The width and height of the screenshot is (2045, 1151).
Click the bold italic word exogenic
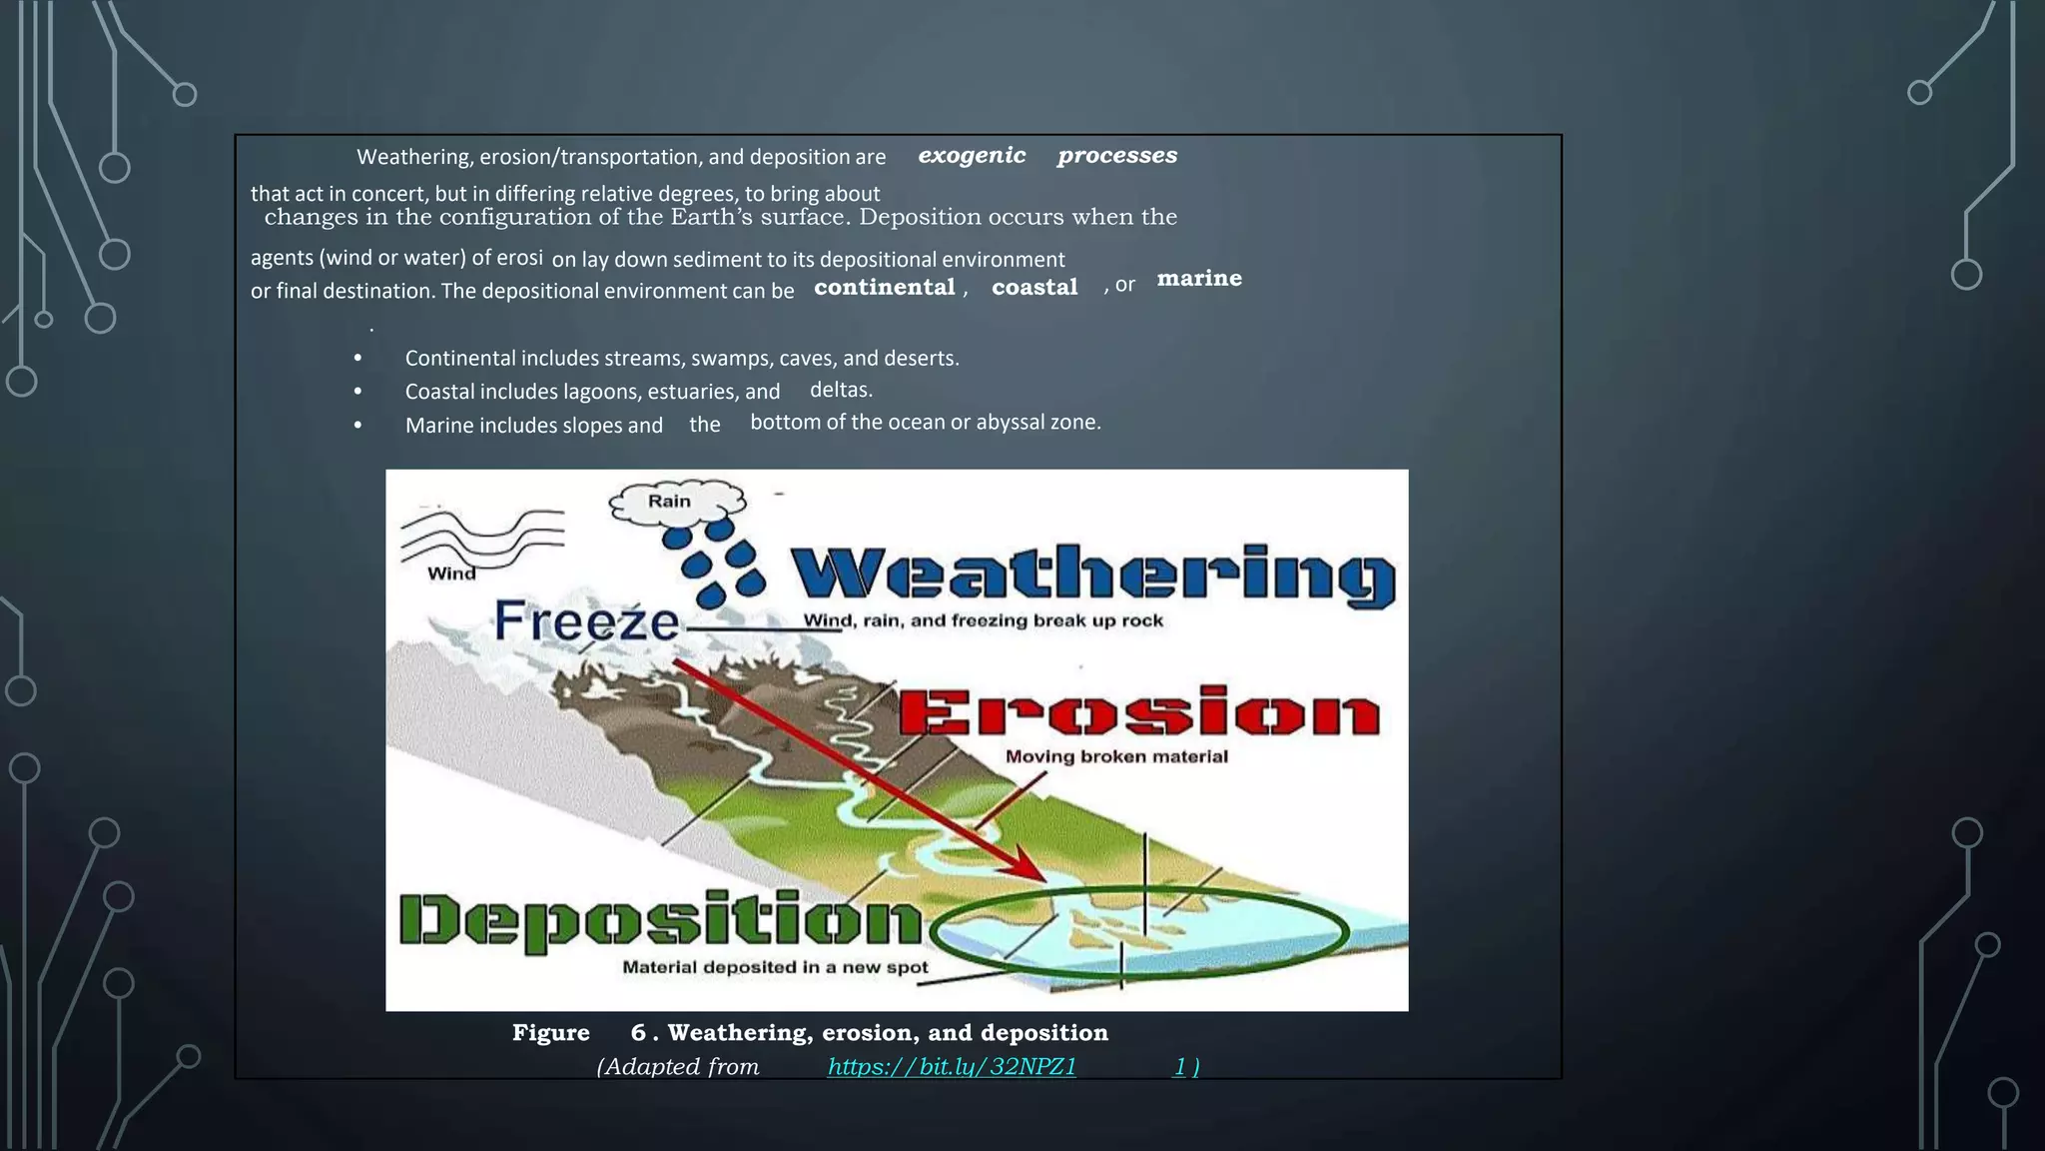972,156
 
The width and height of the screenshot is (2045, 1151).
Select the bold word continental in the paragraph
884,288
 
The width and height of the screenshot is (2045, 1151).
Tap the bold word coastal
1034,288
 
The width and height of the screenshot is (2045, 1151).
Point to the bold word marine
1199,279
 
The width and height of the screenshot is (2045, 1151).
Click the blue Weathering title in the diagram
1093,576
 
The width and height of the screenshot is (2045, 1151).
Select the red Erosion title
1139,712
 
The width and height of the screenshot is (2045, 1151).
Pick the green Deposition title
660,920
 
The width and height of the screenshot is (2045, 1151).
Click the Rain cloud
676,502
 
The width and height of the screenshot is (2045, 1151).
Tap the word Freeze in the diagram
586,621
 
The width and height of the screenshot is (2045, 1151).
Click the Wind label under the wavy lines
451,574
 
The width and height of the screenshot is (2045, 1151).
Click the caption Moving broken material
1116,756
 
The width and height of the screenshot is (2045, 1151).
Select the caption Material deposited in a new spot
775,967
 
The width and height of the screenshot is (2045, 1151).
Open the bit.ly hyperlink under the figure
952,1067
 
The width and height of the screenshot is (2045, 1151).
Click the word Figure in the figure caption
550,1033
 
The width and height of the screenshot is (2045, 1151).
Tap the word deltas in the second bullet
841,390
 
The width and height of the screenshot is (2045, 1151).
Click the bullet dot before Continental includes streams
357,359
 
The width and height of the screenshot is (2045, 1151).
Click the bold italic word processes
1116,156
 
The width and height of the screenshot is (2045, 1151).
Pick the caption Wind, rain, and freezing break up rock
983,620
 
